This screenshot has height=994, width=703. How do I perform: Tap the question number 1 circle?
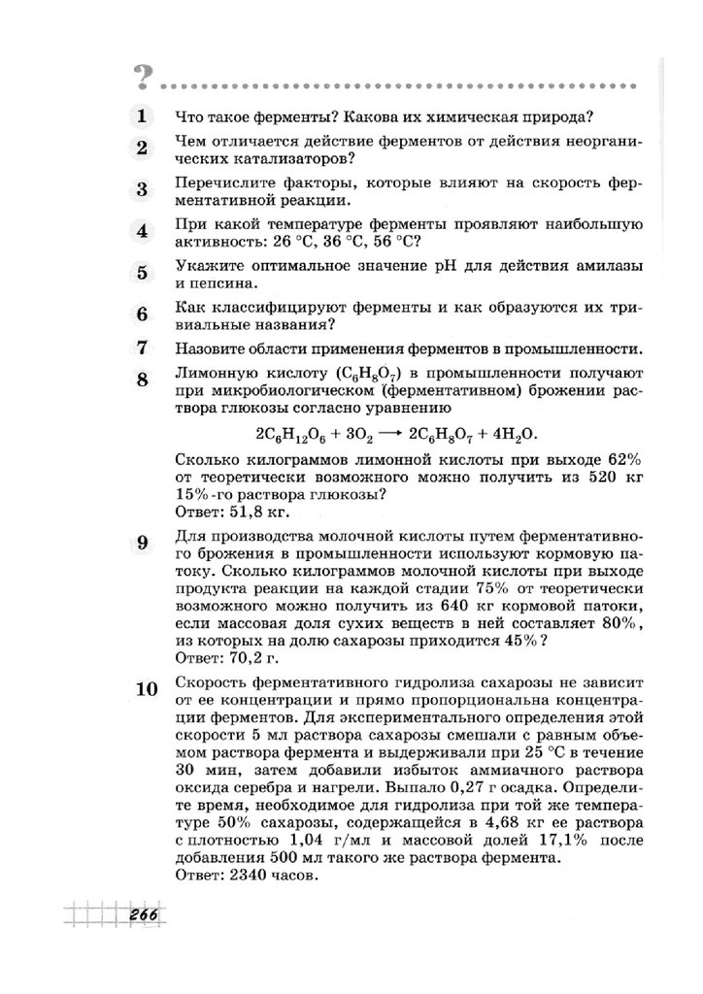coord(142,117)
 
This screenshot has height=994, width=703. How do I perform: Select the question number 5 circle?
coord(142,273)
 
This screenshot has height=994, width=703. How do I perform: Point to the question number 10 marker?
coord(146,690)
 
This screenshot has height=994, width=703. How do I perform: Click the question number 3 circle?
coord(142,189)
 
